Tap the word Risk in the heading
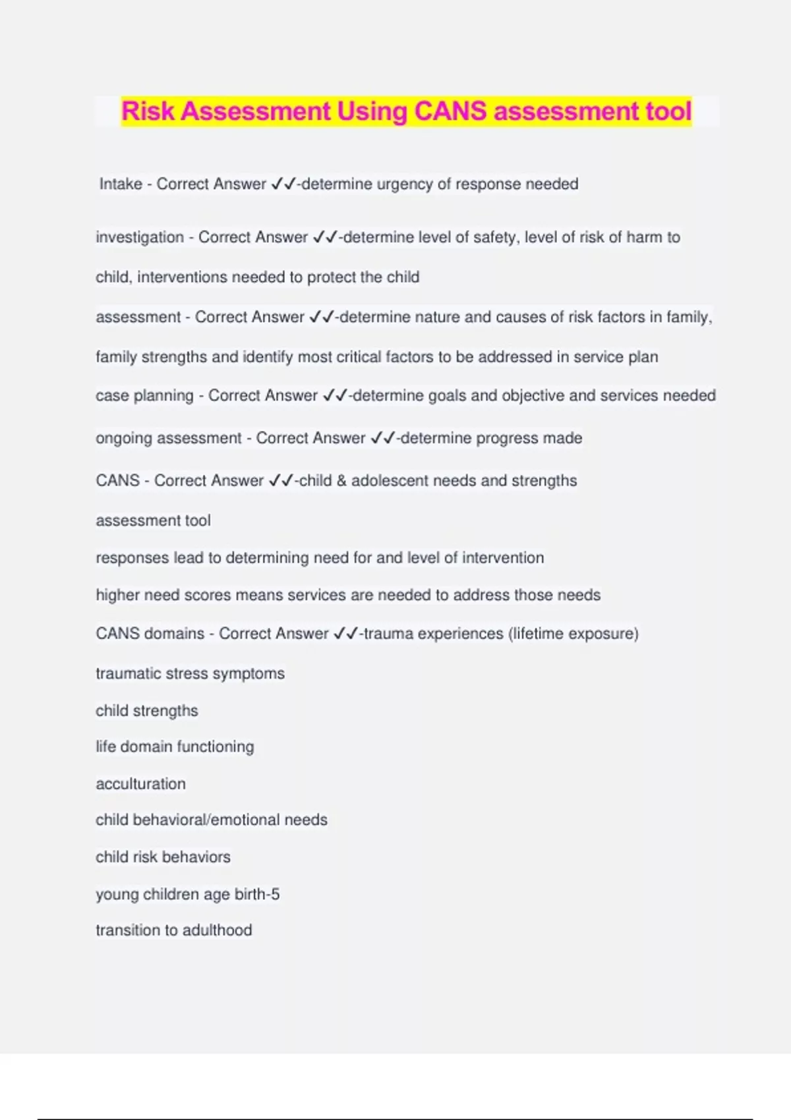tap(148, 111)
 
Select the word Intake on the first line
tap(121, 184)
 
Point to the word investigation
tap(140, 237)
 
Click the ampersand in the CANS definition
tap(341, 481)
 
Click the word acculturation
tap(140, 784)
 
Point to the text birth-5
tap(257, 894)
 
